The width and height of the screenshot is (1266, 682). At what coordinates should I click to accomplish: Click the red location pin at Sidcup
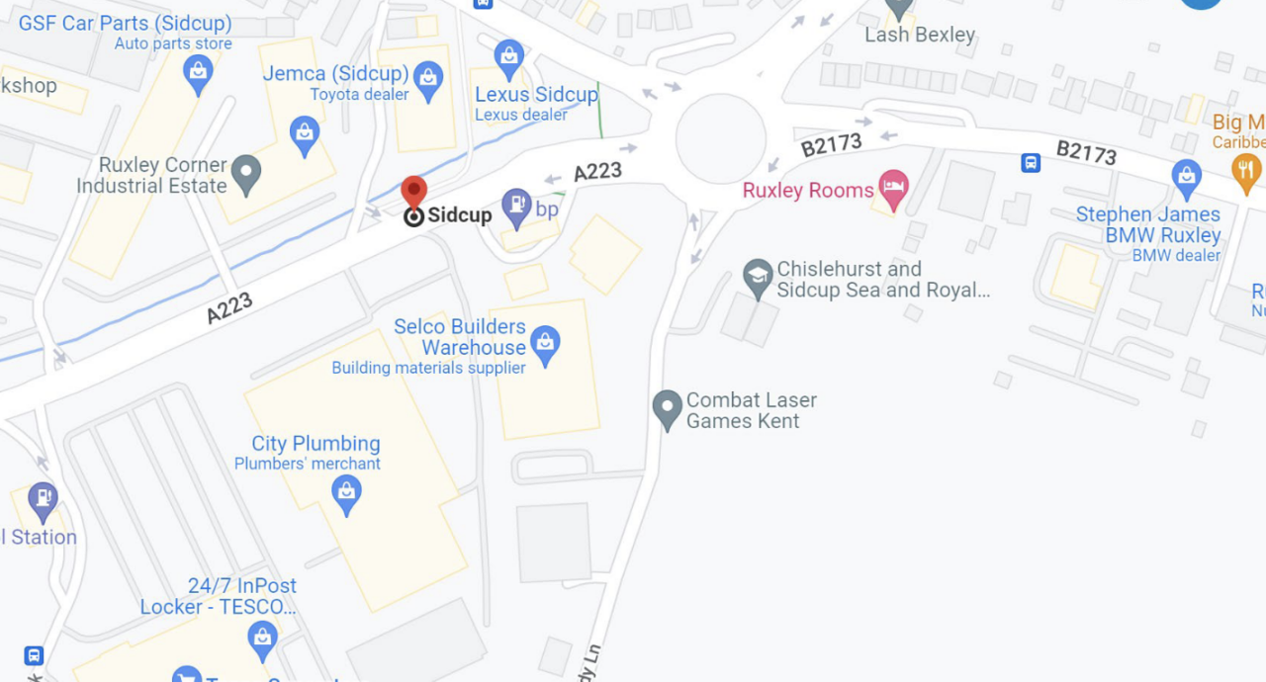[x=413, y=192]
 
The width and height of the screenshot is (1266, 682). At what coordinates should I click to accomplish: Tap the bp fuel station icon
[x=516, y=208]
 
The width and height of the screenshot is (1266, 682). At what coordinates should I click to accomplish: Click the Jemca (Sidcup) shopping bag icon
[x=428, y=79]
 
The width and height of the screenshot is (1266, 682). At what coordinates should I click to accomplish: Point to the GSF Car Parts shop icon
[x=198, y=73]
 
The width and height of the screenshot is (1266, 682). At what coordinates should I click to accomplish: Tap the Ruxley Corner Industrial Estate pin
[x=246, y=175]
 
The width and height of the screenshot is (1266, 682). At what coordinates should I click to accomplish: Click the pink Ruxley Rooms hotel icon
[x=893, y=189]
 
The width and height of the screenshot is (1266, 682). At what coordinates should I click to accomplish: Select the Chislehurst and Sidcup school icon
[x=758, y=279]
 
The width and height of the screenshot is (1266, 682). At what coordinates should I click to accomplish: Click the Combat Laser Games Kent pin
[x=668, y=408]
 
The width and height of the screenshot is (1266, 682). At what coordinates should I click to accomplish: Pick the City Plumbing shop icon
[x=345, y=493]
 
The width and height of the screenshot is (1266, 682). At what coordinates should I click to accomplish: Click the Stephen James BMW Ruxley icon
[x=1186, y=178]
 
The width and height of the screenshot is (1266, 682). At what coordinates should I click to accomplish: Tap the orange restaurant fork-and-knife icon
[x=1246, y=172]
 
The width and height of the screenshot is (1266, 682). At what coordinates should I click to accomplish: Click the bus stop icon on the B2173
[x=1031, y=162]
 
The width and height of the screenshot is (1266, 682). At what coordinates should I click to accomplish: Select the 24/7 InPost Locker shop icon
[x=262, y=639]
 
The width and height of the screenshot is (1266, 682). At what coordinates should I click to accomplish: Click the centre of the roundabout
[x=721, y=139]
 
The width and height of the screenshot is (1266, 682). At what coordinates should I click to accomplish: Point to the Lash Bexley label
[x=920, y=35]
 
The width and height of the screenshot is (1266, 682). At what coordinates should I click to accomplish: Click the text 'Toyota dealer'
[x=359, y=95]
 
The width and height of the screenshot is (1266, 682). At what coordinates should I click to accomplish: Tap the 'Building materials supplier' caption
[x=428, y=368]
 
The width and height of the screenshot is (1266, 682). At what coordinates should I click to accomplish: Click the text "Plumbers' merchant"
[x=308, y=464]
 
